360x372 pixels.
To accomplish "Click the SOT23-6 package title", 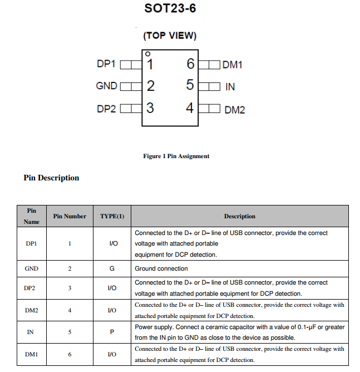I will [170, 9].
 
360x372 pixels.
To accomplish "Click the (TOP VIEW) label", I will [170, 36].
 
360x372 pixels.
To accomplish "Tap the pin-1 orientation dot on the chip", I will [147, 53].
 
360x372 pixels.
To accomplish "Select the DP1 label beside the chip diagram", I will [106, 64].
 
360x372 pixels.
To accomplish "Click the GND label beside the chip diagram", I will [106, 86].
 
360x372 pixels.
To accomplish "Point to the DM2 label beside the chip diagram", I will [234, 110].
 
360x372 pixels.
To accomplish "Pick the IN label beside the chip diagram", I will [230, 87].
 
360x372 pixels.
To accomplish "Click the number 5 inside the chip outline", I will [190, 85].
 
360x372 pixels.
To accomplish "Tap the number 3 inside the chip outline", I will [150, 107].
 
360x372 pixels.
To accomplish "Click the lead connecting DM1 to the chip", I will [209, 65].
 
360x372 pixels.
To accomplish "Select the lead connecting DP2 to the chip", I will [130, 109].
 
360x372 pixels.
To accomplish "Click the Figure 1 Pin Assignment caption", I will [176, 156].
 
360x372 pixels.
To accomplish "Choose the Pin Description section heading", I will [51, 178].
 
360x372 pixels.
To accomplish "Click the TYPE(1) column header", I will [112, 216].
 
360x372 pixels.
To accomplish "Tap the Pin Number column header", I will [70, 216].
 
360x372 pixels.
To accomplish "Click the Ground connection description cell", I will [161, 268].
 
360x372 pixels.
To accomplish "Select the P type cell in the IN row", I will [112, 332].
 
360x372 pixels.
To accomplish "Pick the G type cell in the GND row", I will [112, 268].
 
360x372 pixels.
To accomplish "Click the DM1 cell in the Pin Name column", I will [32, 354].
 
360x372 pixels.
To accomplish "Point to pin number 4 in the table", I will [70, 310].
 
